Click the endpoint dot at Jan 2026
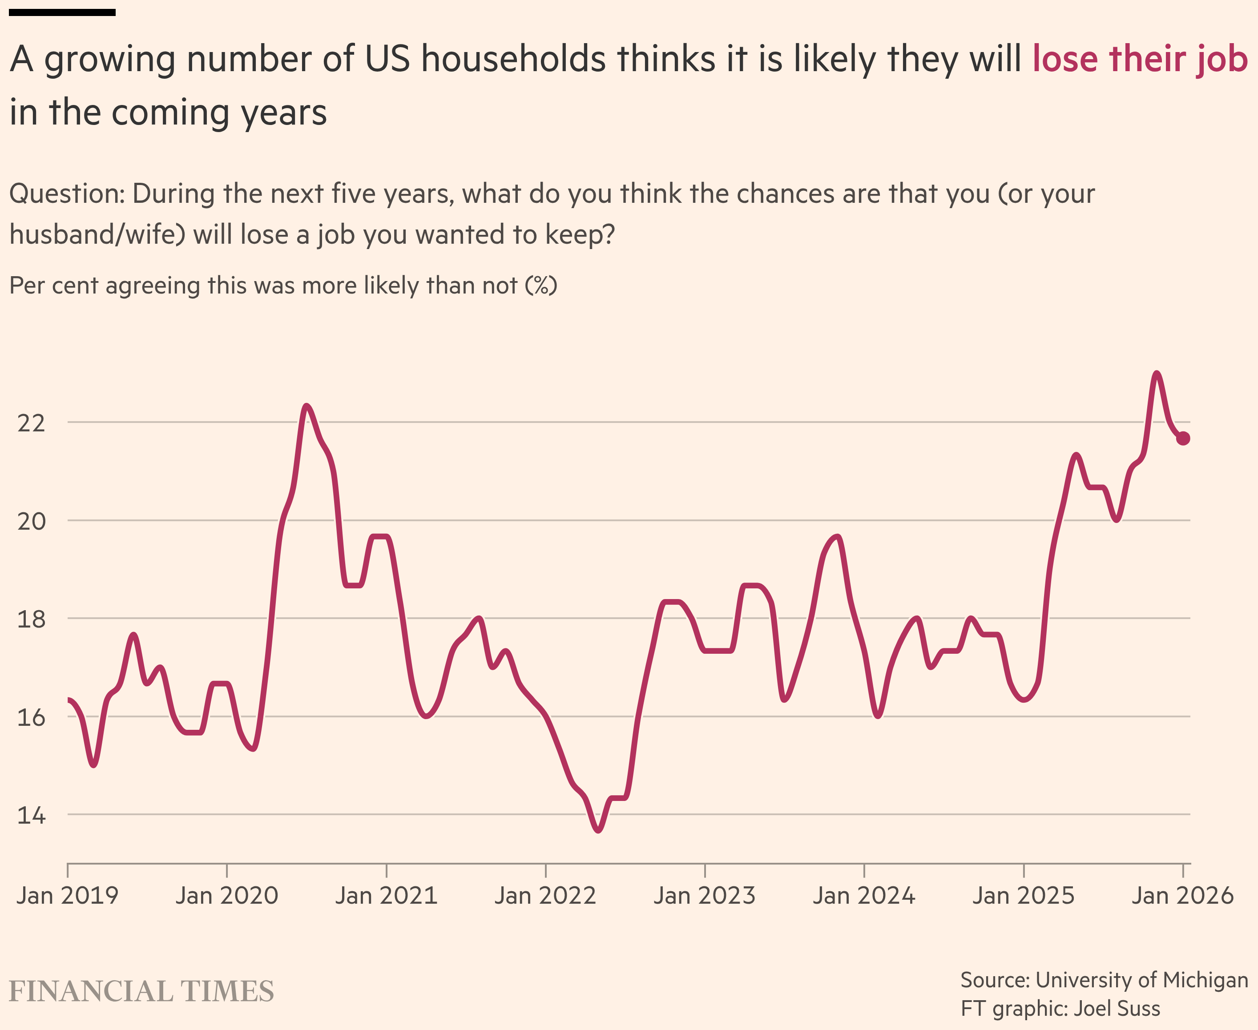coord(1183,439)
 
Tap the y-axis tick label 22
coord(31,423)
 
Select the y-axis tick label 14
coord(31,815)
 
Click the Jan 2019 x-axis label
coord(68,895)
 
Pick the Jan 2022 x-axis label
coord(545,895)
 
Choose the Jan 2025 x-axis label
coord(1023,895)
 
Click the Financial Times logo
coord(141,991)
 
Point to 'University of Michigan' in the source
coord(1142,980)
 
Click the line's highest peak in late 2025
coord(1157,373)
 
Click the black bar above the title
coord(62,12)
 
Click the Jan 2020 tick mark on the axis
coord(227,870)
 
